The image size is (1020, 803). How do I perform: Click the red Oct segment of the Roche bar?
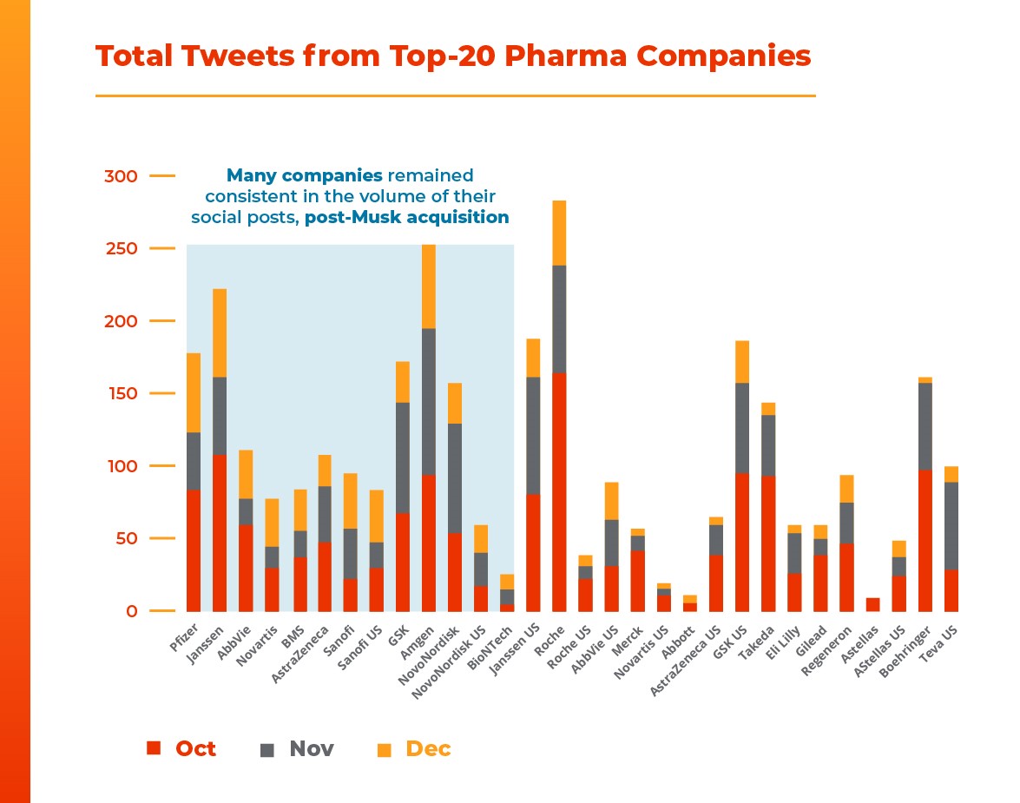(559, 491)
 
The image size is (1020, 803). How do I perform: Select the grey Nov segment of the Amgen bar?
(429, 401)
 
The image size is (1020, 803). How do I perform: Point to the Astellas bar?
(872, 604)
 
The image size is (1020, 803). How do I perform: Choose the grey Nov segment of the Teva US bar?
(951, 525)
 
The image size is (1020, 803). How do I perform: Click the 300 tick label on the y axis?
(121, 176)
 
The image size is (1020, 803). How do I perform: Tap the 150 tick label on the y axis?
(121, 393)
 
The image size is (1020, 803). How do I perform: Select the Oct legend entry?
(182, 748)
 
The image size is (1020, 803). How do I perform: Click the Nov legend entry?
(298, 748)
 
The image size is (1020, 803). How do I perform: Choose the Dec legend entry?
(415, 748)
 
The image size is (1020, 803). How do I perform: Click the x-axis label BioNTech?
(490, 643)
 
